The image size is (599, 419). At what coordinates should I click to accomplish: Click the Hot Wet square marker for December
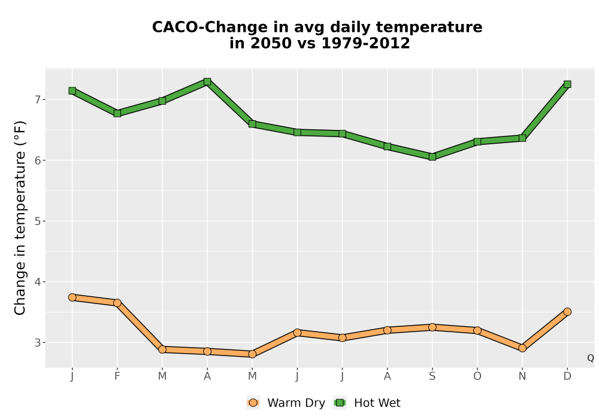[567, 84]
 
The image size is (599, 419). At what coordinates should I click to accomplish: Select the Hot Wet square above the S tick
[432, 156]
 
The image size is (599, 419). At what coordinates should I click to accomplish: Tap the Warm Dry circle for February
[117, 303]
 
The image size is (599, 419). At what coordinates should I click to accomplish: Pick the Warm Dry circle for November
[522, 348]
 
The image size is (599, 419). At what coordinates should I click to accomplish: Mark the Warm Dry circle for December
[567, 311]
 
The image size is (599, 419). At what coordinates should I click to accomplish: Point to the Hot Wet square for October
[477, 142]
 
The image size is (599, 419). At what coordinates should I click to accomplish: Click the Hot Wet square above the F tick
[117, 113]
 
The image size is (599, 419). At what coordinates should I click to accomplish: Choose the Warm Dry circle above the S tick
[432, 327]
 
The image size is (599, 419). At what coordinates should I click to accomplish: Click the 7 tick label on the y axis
[37, 99]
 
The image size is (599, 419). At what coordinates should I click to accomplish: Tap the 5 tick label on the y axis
[37, 221]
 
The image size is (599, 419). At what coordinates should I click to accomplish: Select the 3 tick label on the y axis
[37, 342]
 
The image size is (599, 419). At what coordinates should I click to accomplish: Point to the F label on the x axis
[117, 377]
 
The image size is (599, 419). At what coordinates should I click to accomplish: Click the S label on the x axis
[432, 377]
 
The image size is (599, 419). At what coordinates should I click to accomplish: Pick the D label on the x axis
[567, 377]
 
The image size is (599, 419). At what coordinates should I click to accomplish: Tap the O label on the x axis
[477, 377]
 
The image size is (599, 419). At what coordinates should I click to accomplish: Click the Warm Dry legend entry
[286, 403]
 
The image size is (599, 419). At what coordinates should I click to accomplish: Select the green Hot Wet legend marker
[340, 403]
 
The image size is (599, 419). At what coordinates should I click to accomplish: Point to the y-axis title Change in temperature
[20, 218]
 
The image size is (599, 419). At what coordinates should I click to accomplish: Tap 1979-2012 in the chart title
[365, 43]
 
